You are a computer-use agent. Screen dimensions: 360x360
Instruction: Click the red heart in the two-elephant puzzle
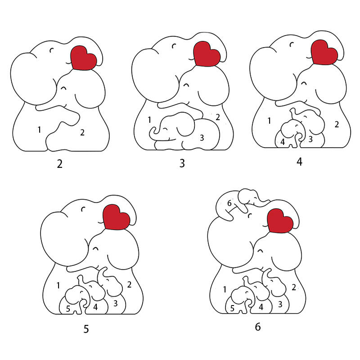pos(84,58)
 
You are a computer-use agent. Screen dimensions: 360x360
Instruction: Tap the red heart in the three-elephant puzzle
pos(207,54)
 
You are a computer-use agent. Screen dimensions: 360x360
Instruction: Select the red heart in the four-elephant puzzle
pos(324,52)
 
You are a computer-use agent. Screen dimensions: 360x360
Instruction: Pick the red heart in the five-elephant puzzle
pos(117,217)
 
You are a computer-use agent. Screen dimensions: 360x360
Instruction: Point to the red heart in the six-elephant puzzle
pos(280,221)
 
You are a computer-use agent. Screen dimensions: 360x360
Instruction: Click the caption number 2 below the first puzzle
pos(60,164)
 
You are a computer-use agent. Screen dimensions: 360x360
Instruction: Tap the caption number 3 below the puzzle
pos(182,163)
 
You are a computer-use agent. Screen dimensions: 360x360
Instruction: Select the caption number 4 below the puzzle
pos(299,162)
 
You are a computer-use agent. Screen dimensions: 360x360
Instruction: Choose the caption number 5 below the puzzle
pos(86,329)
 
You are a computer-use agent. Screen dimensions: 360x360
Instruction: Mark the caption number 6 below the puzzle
pos(258,327)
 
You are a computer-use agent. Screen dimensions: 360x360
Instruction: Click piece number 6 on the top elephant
pos(229,203)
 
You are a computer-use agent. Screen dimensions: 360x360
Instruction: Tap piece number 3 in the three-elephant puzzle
pos(202,138)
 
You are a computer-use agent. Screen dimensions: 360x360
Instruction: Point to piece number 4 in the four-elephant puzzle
pos(283,142)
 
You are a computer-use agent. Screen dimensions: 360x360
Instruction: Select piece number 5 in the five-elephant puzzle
pos(68,309)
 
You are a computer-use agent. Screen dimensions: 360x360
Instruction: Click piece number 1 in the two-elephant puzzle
pos(40,130)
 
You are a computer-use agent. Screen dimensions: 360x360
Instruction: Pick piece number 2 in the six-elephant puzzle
pos(294,287)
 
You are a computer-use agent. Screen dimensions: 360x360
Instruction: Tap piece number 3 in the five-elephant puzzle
pos(116,303)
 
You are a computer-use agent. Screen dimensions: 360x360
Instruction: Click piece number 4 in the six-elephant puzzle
pos(261,307)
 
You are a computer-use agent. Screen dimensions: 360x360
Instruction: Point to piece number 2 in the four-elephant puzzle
pos(337,125)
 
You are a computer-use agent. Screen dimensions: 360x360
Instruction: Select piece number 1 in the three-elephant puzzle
pos(149,120)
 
